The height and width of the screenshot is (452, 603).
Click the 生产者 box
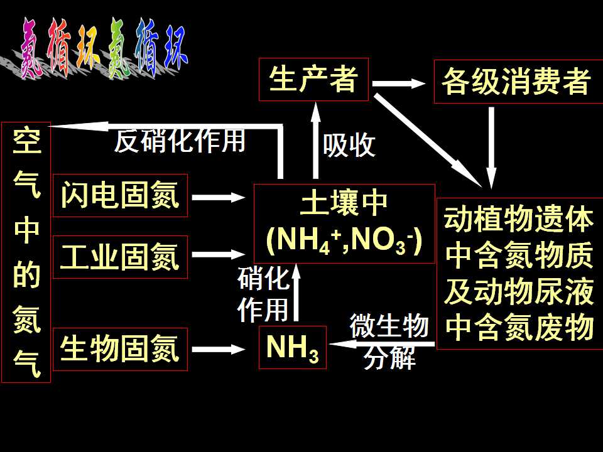(313, 80)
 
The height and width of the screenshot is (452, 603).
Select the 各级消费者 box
(518, 82)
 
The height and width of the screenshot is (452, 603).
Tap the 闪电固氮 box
(120, 195)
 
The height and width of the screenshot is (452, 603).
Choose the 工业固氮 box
(120, 257)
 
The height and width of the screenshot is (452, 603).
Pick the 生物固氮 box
(120, 349)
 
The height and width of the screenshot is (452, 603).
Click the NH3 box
(292, 347)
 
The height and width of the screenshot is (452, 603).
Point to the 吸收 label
(349, 145)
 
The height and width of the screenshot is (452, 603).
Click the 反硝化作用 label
(180, 141)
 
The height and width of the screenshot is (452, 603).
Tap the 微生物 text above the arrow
(389, 325)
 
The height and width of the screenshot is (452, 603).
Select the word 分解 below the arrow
(389, 357)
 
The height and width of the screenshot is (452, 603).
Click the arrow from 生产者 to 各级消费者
(399, 83)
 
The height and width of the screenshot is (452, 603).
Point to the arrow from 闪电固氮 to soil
(219, 198)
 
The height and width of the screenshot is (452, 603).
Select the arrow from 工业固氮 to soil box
(219, 254)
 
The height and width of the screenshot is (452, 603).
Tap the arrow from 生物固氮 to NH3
(219, 350)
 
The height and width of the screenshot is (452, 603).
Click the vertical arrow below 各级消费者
(491, 148)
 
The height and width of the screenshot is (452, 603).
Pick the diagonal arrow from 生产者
(428, 140)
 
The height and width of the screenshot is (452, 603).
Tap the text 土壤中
(344, 203)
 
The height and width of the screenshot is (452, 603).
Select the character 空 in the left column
(26, 141)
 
